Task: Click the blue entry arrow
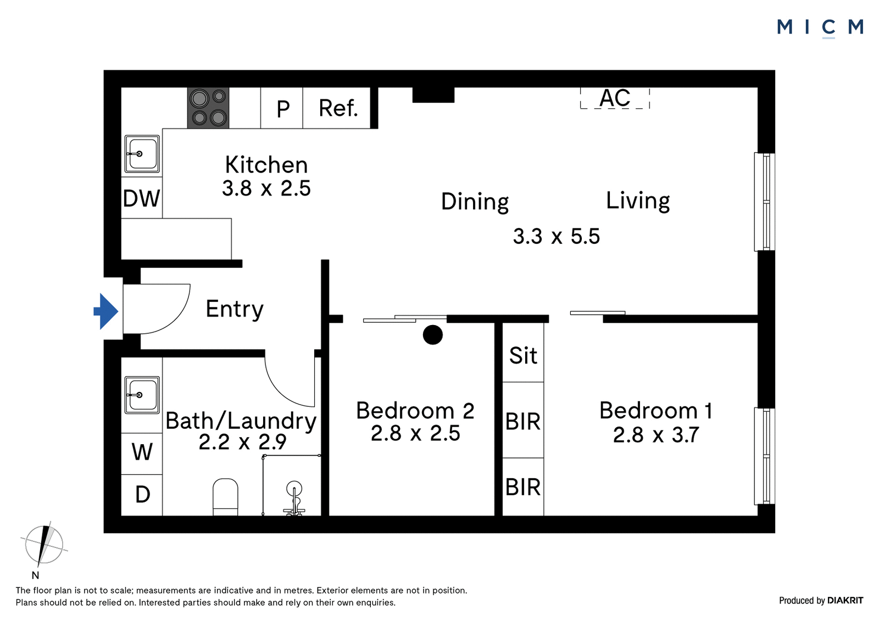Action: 106,311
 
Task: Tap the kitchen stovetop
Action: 208,108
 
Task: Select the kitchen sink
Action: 142,154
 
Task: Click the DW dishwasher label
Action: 141,198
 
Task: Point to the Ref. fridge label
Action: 338,108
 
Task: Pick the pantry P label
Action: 283,109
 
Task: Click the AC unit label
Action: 615,98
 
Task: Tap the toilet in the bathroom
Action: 225,497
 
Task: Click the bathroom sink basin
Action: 142,395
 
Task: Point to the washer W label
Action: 142,452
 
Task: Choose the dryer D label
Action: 142,494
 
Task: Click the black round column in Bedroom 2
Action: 433,335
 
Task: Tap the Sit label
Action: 523,356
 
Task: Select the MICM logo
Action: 820,27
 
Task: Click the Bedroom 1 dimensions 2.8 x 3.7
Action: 656,435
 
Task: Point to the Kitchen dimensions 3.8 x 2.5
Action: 266,188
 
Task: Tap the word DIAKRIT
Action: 845,600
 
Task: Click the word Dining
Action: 475,202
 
